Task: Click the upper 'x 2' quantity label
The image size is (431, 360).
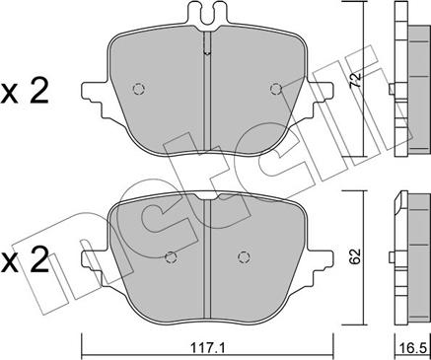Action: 26,94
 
